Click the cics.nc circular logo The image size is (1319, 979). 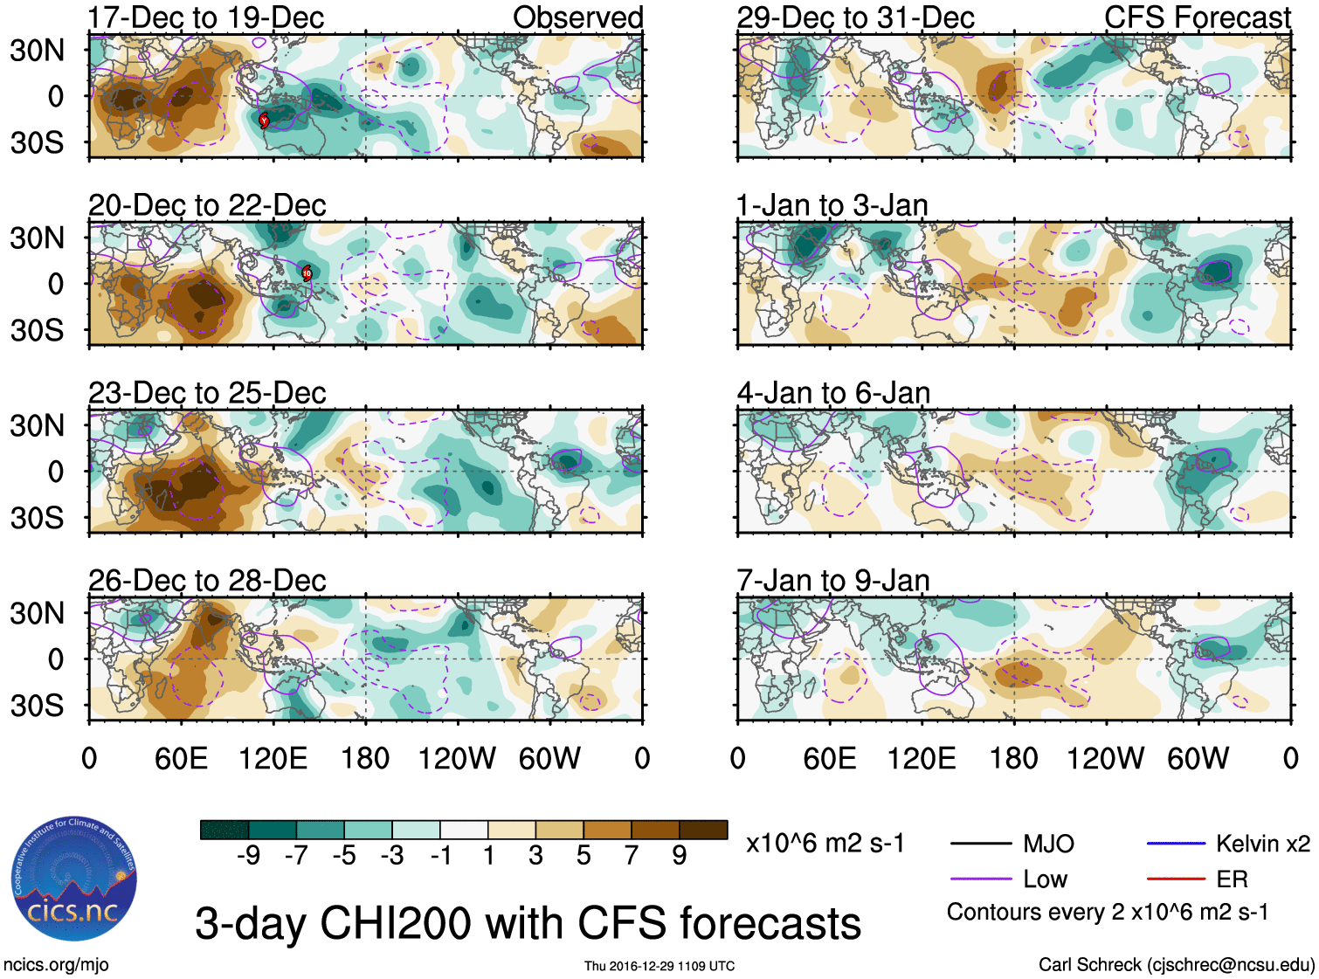[x=73, y=879]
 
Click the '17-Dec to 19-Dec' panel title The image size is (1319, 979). [x=206, y=17]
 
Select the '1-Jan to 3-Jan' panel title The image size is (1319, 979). [x=832, y=205]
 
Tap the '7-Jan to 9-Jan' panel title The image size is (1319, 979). [x=832, y=581]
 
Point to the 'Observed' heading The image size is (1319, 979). [x=577, y=17]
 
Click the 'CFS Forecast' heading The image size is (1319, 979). [x=1197, y=17]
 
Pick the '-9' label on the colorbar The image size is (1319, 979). [x=248, y=856]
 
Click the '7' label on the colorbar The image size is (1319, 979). [x=632, y=856]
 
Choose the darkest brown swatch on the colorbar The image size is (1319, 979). [x=703, y=830]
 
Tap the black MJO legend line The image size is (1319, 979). [x=980, y=844]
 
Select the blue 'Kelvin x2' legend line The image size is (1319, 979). [x=1176, y=844]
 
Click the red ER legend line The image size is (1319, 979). [x=1176, y=879]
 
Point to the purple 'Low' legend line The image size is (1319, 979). [x=980, y=879]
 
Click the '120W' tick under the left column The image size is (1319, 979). [x=457, y=758]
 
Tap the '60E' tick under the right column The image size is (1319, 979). [x=829, y=758]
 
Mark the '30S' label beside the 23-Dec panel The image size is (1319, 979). [x=37, y=518]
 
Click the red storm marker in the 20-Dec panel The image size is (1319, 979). [x=307, y=272]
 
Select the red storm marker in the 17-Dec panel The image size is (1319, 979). [x=264, y=120]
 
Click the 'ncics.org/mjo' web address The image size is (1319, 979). [x=56, y=965]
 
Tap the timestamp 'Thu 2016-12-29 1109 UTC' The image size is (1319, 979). [x=659, y=966]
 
